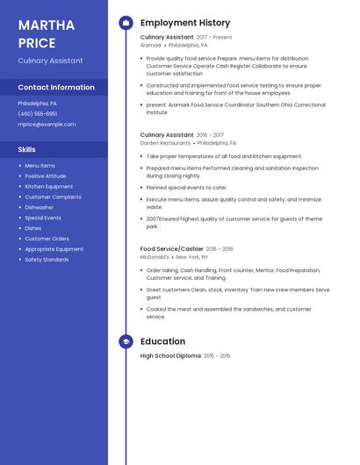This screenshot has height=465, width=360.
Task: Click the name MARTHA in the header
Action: pos(46,24)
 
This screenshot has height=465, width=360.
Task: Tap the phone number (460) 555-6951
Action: pos(38,113)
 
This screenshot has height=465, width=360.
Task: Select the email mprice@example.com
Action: pos(47,125)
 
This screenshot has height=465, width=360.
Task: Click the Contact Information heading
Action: pos(56,88)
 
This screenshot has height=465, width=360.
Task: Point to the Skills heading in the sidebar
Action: pos(27,150)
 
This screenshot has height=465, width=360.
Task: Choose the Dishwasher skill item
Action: pos(40,207)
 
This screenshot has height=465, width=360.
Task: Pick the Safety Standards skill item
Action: pos(47,260)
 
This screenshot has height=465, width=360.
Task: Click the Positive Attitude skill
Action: pos(46,175)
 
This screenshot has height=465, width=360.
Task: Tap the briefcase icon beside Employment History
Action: pos(126,23)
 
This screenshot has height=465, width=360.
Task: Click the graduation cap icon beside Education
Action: pos(126,341)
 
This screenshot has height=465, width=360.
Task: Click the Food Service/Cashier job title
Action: pos(171,249)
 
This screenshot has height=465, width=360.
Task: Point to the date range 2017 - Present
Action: pos(214,38)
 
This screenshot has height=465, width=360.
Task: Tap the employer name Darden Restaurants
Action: pos(165,142)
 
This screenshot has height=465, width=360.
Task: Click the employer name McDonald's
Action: pos(155,257)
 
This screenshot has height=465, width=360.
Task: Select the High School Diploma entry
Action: pos(170,356)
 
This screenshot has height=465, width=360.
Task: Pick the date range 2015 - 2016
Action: pos(220,249)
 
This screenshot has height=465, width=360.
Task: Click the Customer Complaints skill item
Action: pos(53,197)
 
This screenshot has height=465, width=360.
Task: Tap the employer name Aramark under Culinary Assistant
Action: pos(151,45)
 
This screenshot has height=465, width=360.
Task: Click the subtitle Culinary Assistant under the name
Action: pos(51,61)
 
